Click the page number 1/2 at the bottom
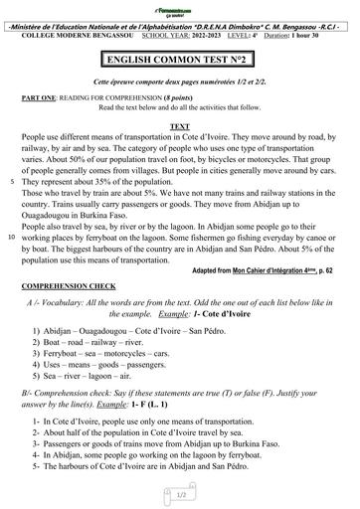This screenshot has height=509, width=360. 181,493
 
